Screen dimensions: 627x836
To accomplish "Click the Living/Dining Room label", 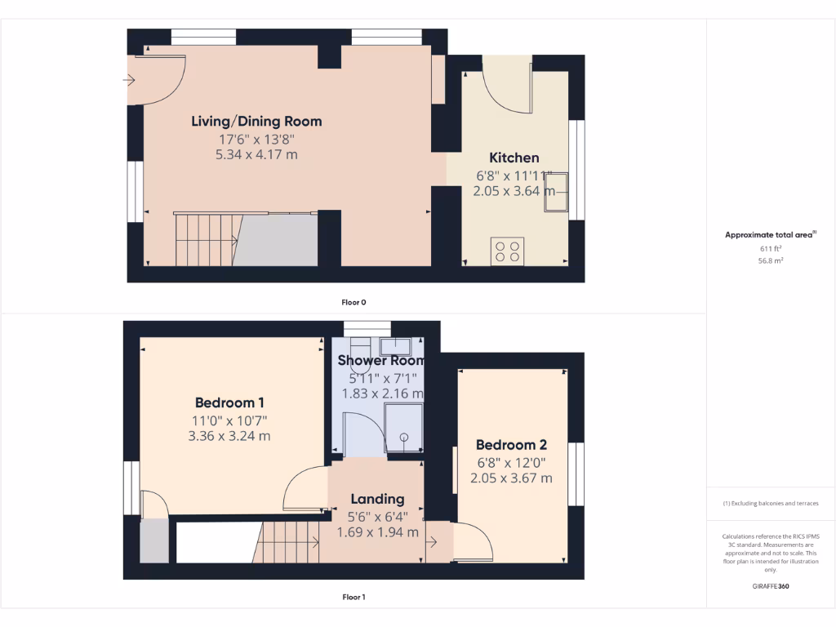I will point(256,122).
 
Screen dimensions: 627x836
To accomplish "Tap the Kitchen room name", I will point(514,158).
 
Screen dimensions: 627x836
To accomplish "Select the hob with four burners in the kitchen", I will point(506,251).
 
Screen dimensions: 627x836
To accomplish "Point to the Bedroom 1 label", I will point(229,402).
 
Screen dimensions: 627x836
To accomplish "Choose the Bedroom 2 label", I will point(511,445).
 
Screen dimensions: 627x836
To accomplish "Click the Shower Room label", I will point(381,360).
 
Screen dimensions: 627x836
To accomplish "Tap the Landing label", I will point(377,499).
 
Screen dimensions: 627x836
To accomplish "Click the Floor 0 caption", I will point(354,302).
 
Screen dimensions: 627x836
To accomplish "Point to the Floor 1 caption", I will point(354,597).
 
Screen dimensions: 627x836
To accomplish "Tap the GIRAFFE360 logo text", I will point(771,586).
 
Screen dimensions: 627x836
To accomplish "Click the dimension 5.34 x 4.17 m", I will point(256,154).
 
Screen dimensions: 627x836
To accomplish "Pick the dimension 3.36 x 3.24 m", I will point(229,436).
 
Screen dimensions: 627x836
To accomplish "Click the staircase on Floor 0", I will point(207,239).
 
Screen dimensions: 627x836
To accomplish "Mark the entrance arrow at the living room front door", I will point(130,80).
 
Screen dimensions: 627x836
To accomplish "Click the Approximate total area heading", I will point(770,235).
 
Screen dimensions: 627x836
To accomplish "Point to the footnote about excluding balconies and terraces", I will point(770,504).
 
